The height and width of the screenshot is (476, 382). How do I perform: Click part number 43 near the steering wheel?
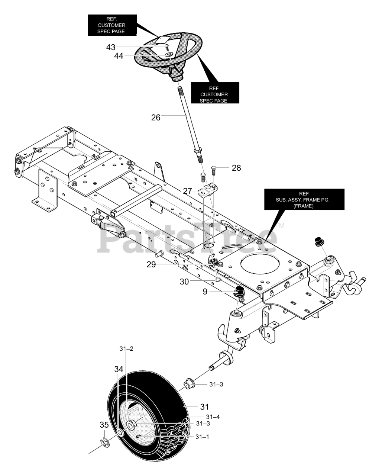pos(110,47)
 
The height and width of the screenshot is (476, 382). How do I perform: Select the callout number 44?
pos(118,56)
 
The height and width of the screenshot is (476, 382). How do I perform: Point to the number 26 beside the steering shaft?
pos(156,117)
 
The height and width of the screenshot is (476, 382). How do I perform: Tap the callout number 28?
pos(236,168)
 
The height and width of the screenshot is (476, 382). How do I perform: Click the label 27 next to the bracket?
pos(187,191)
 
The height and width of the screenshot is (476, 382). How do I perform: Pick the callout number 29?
pos(151,264)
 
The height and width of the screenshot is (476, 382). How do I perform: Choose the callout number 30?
pos(184,282)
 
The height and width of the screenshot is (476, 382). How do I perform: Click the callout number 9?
pos(205,292)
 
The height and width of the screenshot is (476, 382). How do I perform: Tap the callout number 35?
pos(104,425)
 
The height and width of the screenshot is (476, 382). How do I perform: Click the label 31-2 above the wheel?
pos(126,349)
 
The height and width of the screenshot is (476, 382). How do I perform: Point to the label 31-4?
pos(213,417)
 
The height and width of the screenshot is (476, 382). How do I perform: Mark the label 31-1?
pos(202,437)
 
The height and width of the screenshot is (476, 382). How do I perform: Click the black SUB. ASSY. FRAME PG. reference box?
pos(304,199)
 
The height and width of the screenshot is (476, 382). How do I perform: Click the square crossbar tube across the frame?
pos(137,201)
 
